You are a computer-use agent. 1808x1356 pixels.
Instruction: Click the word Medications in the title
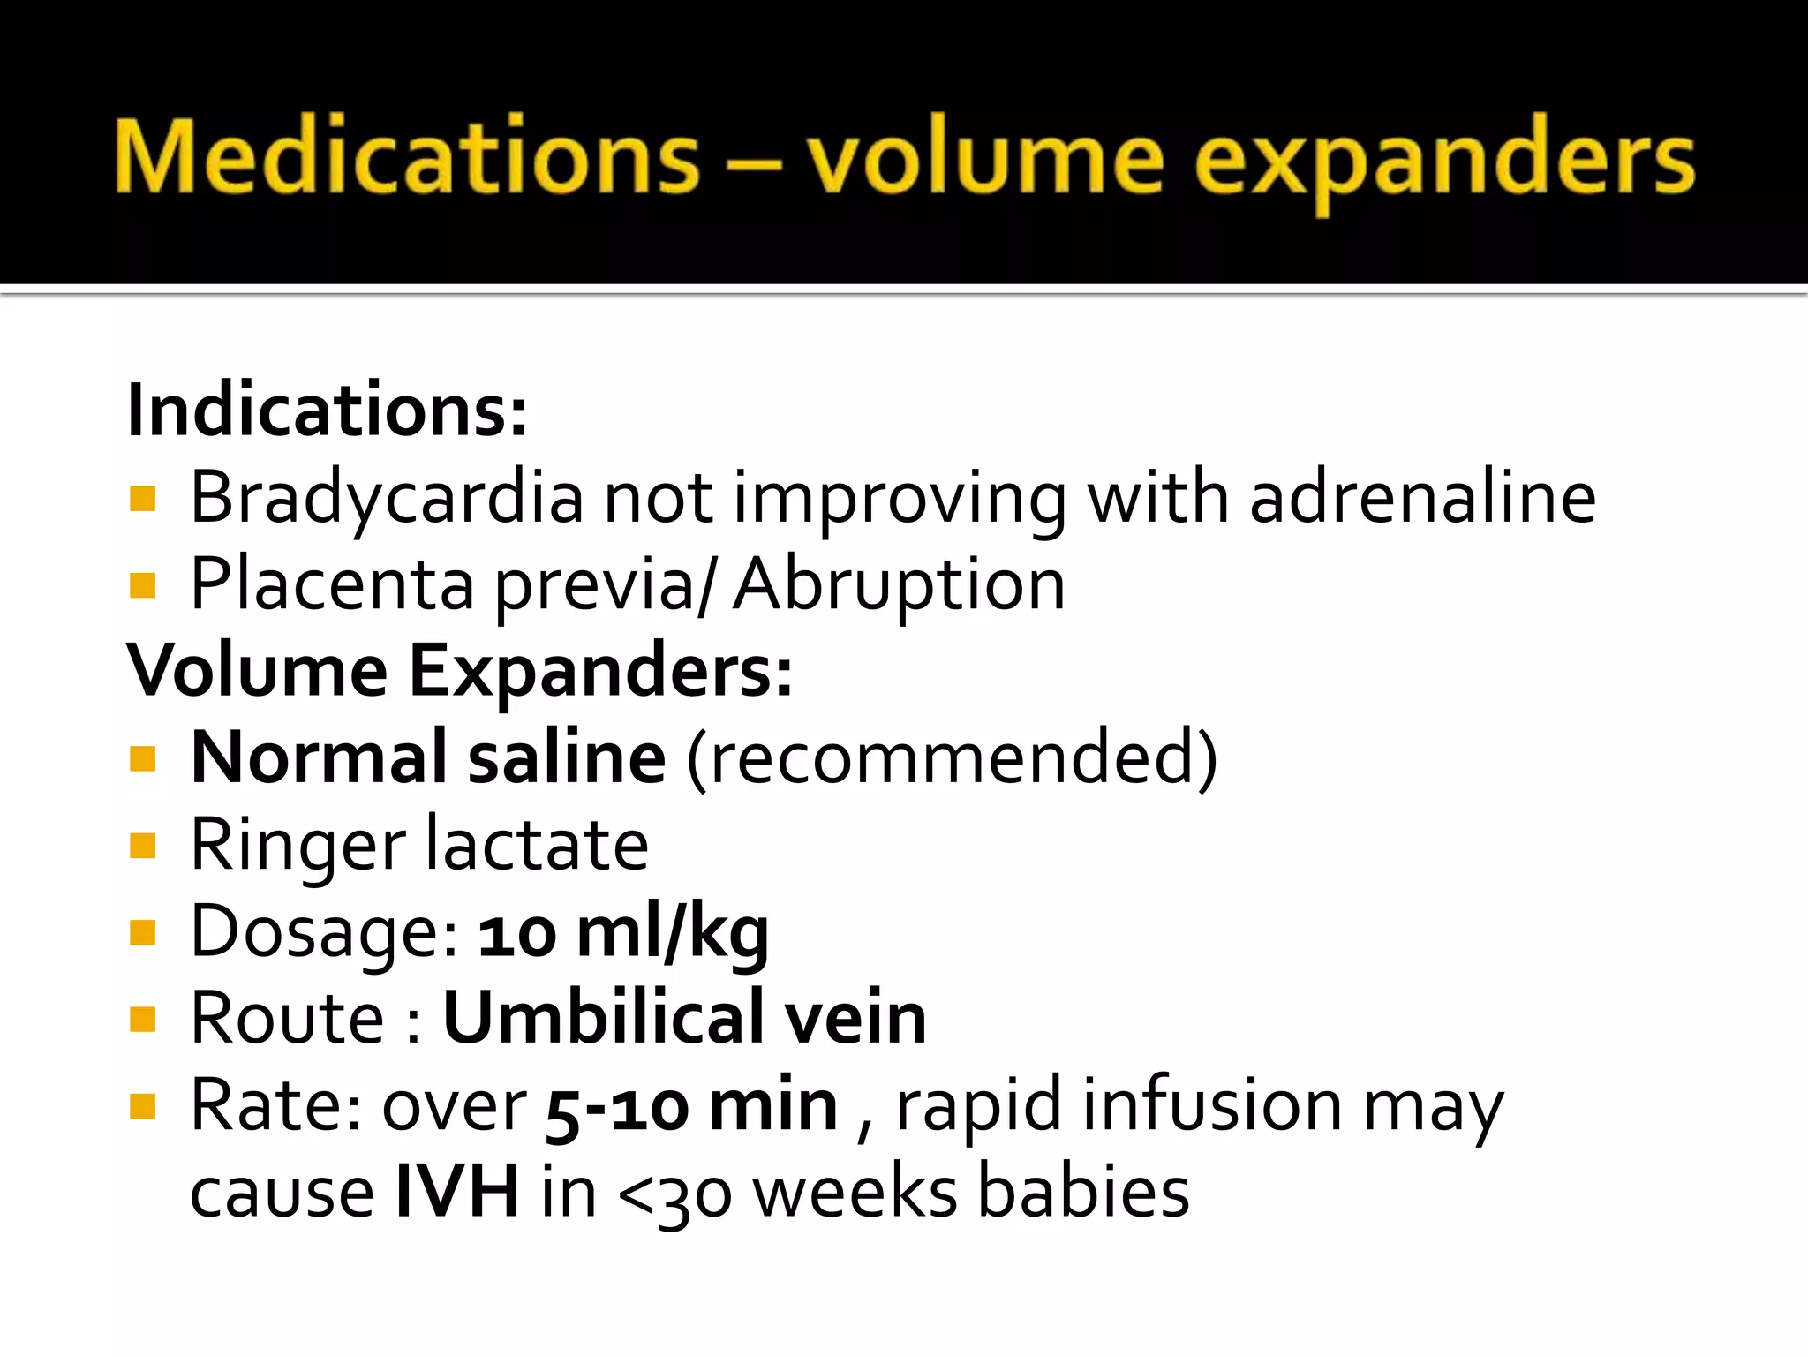406,157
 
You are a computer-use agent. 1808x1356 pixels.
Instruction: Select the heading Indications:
327,411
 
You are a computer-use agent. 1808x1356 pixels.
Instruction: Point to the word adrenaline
1422,497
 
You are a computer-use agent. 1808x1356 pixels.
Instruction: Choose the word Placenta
332,584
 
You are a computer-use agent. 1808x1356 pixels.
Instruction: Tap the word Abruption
899,584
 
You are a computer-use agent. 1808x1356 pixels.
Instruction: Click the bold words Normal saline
428,757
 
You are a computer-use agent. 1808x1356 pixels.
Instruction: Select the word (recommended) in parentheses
952,757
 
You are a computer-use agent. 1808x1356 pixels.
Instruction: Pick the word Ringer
298,845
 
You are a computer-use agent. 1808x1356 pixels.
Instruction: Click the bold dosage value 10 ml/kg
623,931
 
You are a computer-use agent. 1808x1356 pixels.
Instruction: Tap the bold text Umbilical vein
684,1018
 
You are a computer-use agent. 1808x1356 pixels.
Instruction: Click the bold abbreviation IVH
456,1192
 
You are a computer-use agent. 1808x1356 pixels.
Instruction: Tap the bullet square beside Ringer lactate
142,845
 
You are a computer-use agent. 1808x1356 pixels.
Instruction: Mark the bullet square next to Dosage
142,931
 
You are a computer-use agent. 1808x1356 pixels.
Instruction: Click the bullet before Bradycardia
142,499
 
